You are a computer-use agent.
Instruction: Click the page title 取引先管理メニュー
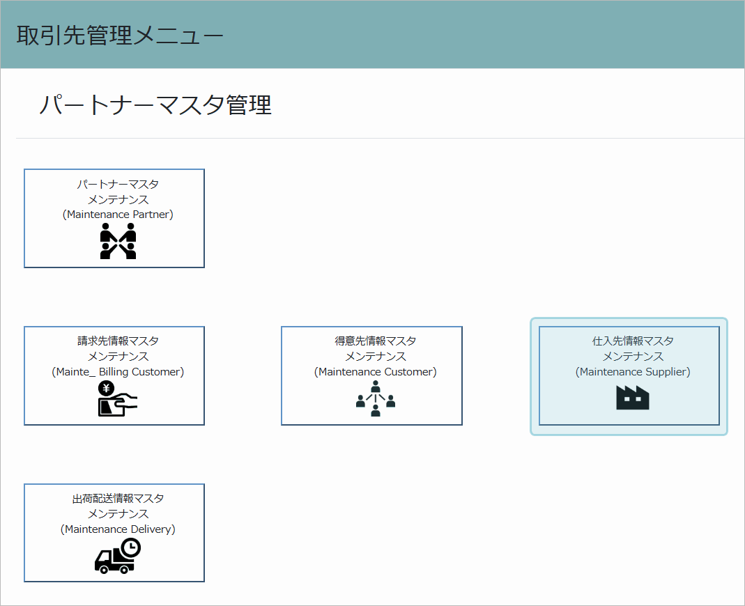[120, 36]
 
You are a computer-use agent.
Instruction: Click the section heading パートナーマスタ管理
[155, 104]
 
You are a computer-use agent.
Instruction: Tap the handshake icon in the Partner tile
[118, 241]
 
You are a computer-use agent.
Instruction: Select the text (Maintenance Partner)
[118, 215]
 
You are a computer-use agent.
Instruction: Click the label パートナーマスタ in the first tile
[118, 185]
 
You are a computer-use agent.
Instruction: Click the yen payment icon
[118, 399]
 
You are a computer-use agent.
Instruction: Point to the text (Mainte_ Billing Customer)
[118, 372]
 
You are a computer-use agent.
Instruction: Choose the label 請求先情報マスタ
[118, 341]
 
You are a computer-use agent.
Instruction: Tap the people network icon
[376, 399]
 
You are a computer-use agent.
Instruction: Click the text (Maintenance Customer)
[376, 372]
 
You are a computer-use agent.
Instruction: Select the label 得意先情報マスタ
[376, 341]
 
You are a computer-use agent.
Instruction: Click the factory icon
[632, 398]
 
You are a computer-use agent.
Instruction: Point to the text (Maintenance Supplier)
[633, 372]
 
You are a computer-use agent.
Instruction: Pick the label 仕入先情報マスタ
[633, 341]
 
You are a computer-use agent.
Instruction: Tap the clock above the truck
[130, 548]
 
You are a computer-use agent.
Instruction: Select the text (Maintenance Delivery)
[118, 529]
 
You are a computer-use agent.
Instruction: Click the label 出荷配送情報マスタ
[118, 499]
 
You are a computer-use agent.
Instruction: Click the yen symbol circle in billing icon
[106, 389]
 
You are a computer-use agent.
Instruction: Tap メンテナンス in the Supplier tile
[633, 356]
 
